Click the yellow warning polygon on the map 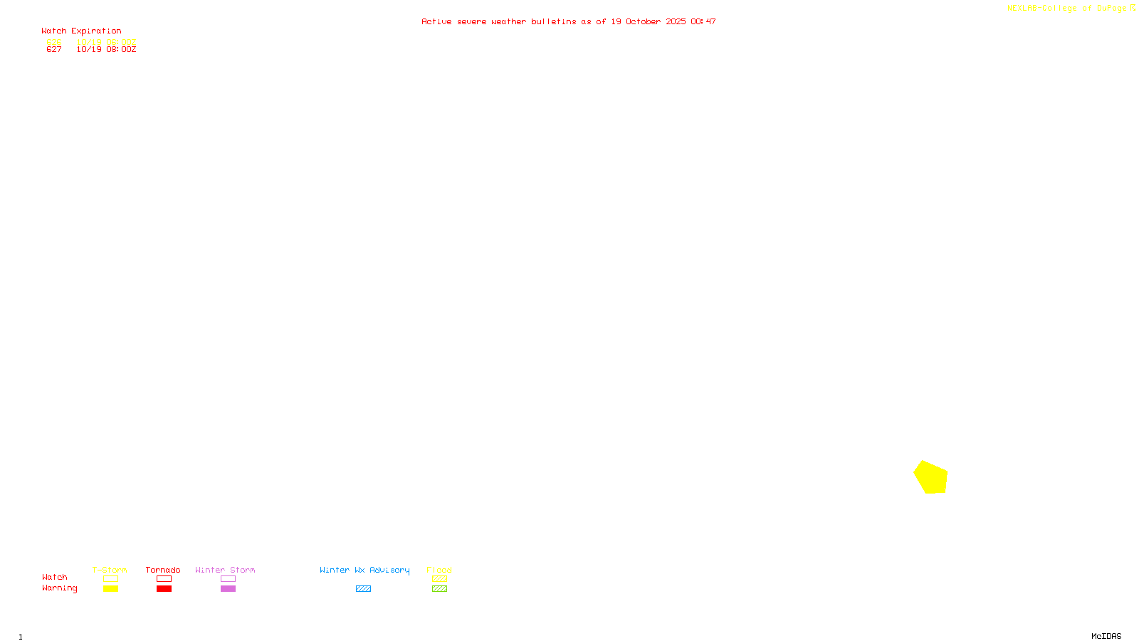coord(931,477)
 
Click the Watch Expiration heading coord(81,31)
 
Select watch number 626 coord(54,42)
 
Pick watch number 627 coord(54,50)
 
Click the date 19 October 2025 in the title coord(649,21)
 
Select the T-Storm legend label coord(110,570)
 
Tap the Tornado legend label coord(163,570)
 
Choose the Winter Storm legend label coord(225,570)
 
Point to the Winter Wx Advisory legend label coord(364,570)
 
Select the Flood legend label coord(439,570)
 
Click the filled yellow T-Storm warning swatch coord(110,589)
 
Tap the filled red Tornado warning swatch coord(164,589)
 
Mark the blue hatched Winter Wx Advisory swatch coord(363,589)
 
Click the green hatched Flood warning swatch coord(439,589)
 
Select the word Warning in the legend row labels coord(59,588)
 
